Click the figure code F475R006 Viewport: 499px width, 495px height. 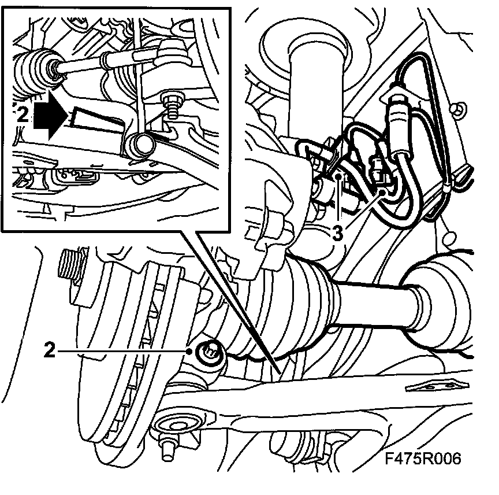[423, 459]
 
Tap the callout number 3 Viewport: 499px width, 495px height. [338, 234]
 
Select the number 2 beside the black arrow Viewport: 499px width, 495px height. [23, 114]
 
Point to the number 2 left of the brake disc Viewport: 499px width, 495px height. [49, 350]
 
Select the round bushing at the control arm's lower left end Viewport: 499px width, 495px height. [176, 426]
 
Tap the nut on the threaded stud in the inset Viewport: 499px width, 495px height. [174, 98]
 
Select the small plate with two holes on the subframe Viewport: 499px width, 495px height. [438, 386]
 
